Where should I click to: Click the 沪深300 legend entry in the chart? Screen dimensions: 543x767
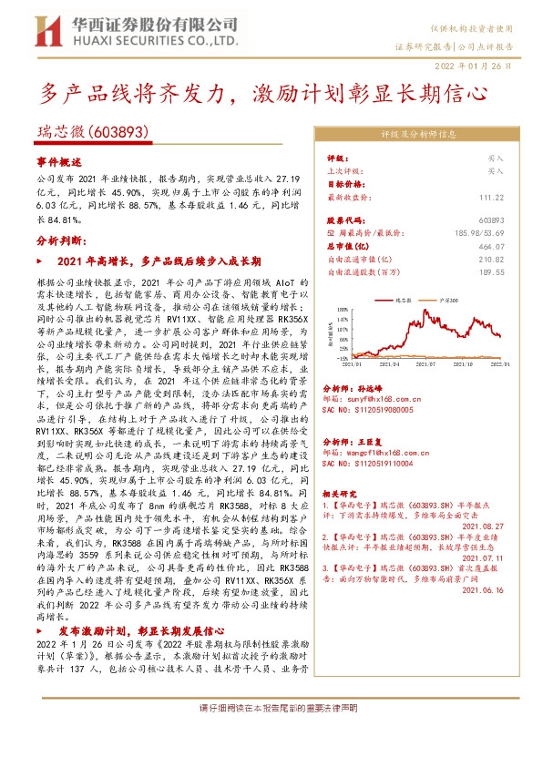tap(447, 298)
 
